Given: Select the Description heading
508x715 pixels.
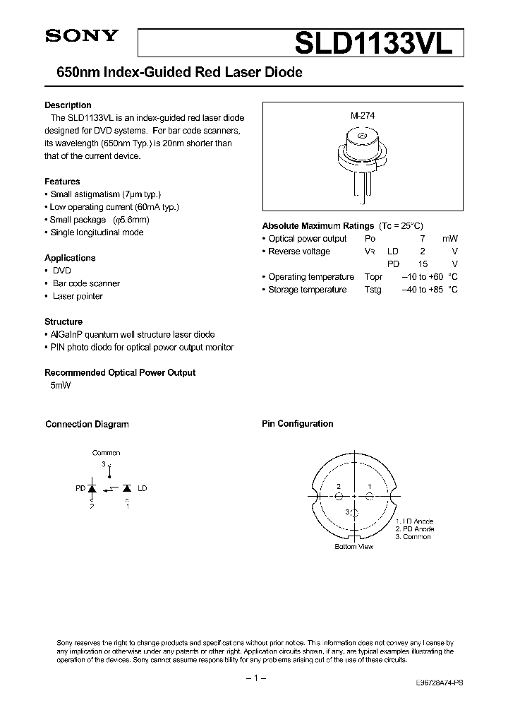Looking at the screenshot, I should (x=68, y=105).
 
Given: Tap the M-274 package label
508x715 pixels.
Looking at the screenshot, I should (x=362, y=116).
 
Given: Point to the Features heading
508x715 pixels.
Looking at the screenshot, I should (x=62, y=182).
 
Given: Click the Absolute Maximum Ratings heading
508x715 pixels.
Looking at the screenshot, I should (x=317, y=226).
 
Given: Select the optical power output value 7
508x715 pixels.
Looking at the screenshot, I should (x=423, y=239).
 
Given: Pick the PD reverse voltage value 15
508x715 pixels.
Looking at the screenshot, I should (x=422, y=264).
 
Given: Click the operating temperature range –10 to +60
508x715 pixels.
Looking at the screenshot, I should (x=422, y=277).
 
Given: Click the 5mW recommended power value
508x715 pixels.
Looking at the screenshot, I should (x=60, y=385).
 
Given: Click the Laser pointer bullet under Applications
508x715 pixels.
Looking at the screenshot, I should (x=78, y=296).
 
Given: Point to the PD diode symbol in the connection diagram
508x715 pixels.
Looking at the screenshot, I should (x=92, y=488).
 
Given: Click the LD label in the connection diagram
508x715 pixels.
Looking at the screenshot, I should (x=142, y=488).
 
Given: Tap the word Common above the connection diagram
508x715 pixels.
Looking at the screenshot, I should (x=107, y=453).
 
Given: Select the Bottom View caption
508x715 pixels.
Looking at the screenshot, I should (x=354, y=546).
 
